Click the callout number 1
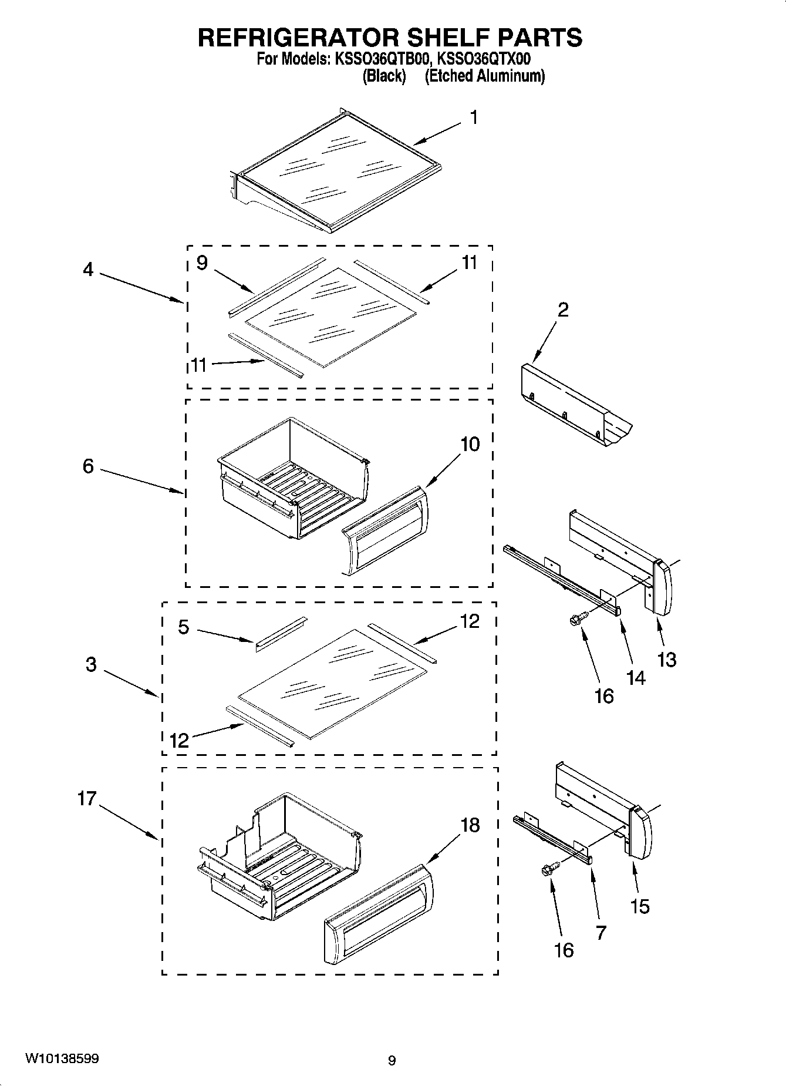473,118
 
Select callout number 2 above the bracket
562,310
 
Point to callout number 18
470,825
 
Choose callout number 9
202,263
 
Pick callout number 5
184,627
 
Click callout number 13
666,660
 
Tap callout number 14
635,678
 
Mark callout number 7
601,933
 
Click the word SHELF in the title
444,38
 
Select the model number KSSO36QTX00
481,59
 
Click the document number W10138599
62,1059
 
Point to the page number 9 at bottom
392,1061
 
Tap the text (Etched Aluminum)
484,76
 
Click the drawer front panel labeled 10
384,530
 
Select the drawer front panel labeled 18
379,915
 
